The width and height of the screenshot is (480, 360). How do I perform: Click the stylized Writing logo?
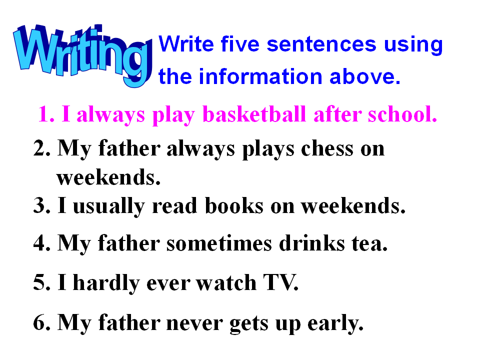82,54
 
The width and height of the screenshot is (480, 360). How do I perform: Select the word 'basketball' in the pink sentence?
254,114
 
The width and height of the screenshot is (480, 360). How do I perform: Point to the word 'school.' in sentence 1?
402,114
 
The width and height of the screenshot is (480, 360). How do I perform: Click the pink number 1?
46,114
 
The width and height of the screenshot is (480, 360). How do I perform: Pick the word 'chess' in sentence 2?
327,149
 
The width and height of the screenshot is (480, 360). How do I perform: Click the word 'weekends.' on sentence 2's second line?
108,177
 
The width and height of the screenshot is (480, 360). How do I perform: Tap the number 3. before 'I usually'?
42,205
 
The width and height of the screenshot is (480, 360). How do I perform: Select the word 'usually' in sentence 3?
108,206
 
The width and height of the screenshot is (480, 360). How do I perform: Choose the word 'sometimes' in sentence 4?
219,244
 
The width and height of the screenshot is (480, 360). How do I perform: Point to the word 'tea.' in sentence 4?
369,244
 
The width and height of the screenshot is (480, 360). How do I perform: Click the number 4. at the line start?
42,243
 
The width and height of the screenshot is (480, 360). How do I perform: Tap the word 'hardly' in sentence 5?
106,283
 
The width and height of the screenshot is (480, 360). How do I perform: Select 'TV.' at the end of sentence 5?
280,282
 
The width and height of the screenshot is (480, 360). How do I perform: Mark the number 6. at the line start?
42,322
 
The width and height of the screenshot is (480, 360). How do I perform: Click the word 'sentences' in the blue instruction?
321,44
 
